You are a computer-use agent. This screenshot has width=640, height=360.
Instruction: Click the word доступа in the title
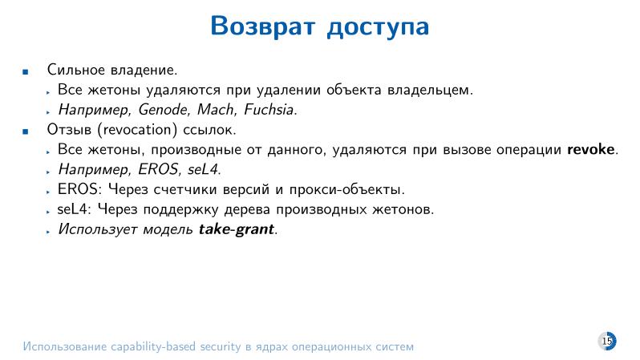379,27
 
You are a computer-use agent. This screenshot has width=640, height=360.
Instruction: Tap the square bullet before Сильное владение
26,71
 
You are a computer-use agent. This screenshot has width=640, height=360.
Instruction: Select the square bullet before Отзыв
26,130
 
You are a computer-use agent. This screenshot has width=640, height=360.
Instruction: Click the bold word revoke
592,149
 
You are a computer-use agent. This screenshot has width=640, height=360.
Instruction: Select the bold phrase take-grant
237,229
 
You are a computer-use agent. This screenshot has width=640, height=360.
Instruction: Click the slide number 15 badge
607,342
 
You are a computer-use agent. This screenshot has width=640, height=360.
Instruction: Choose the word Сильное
76,71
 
